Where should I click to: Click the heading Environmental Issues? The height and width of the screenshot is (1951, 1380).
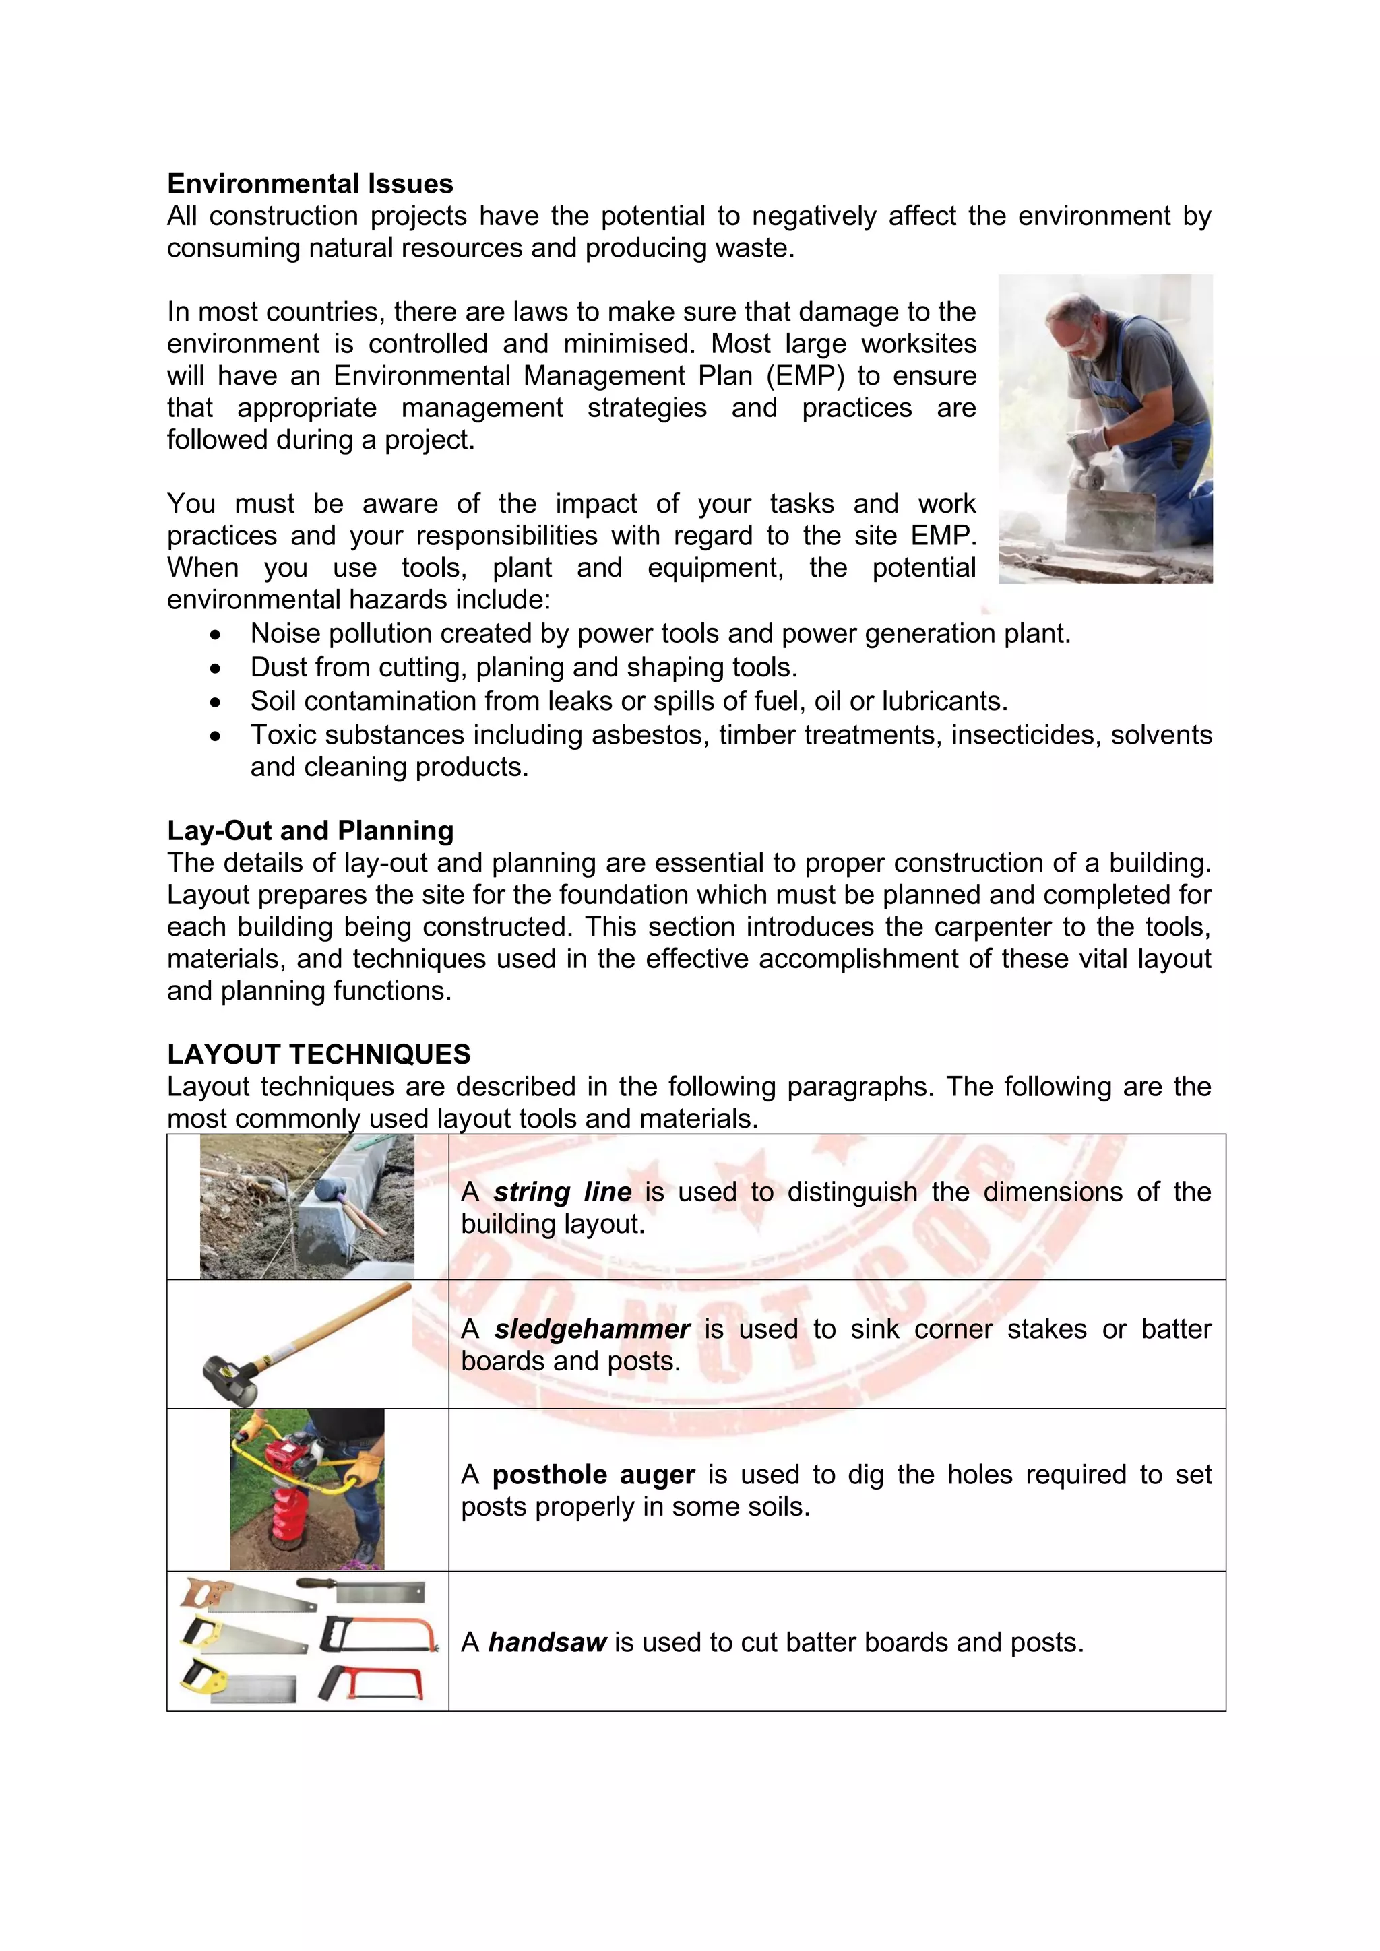pyautogui.click(x=310, y=183)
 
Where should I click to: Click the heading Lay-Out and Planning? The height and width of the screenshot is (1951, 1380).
pyautogui.click(x=310, y=830)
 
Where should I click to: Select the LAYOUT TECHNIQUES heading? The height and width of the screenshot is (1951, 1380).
pyautogui.click(x=319, y=1054)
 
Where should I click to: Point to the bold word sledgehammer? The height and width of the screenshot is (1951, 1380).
pyautogui.click(x=592, y=1329)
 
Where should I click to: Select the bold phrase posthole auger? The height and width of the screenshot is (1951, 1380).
pyautogui.click(x=594, y=1474)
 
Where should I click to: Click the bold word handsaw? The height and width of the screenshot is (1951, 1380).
pyautogui.click(x=547, y=1642)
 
